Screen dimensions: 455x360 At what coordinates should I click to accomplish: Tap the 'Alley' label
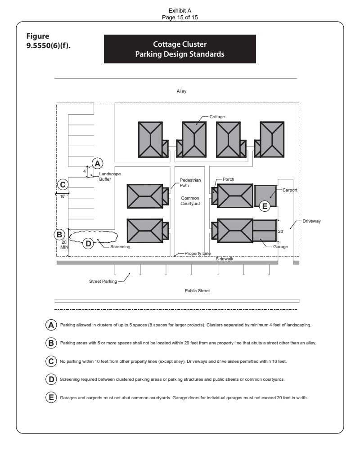(x=182, y=91)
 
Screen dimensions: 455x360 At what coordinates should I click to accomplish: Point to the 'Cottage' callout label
(x=217, y=116)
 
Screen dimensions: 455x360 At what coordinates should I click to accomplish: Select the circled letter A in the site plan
(x=97, y=163)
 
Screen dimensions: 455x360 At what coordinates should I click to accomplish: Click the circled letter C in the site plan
(x=63, y=184)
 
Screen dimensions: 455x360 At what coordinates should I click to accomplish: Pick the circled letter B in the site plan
(x=58, y=234)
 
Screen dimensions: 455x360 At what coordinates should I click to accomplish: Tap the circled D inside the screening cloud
(x=88, y=243)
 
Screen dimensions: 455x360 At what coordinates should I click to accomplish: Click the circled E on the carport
(x=265, y=206)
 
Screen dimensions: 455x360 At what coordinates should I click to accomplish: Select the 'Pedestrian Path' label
(x=187, y=182)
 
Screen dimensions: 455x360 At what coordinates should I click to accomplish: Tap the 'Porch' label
(x=228, y=179)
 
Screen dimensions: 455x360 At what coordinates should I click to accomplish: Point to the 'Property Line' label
(x=198, y=254)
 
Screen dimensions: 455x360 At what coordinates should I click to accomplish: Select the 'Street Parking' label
(x=103, y=281)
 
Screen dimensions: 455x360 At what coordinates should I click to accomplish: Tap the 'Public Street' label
(x=197, y=290)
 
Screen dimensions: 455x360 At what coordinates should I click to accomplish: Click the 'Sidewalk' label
(x=225, y=259)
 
